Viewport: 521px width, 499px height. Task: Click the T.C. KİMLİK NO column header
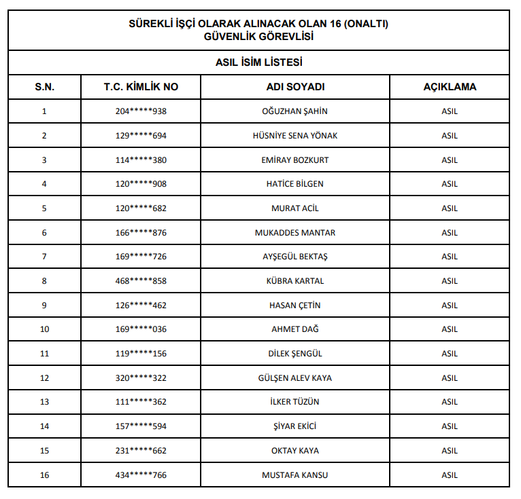click(141, 87)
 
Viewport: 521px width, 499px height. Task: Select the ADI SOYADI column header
click(295, 87)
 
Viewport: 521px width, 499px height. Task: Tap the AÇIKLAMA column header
click(450, 87)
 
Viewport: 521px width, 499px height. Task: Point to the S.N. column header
click(45, 87)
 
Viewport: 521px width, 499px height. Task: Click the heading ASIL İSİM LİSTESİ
click(258, 62)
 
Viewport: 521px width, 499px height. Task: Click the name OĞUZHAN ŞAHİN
click(295, 111)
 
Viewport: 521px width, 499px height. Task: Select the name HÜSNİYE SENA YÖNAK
click(295, 136)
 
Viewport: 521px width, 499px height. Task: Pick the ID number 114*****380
click(141, 160)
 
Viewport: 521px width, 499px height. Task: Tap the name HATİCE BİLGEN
click(295, 184)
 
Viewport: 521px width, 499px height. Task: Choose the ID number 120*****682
click(141, 208)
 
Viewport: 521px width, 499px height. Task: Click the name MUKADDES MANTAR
click(295, 233)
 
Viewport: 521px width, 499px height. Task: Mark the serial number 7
click(45, 257)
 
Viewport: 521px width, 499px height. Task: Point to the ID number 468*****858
click(141, 281)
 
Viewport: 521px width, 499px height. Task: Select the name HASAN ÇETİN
click(295, 306)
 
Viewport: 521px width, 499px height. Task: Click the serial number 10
click(45, 329)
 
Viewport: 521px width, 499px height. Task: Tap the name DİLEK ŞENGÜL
click(295, 354)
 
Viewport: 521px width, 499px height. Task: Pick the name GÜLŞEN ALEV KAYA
click(295, 378)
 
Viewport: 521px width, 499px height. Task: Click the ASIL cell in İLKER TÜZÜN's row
click(450, 402)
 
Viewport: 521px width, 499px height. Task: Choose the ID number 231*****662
click(141, 451)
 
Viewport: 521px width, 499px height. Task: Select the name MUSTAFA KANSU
click(295, 475)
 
